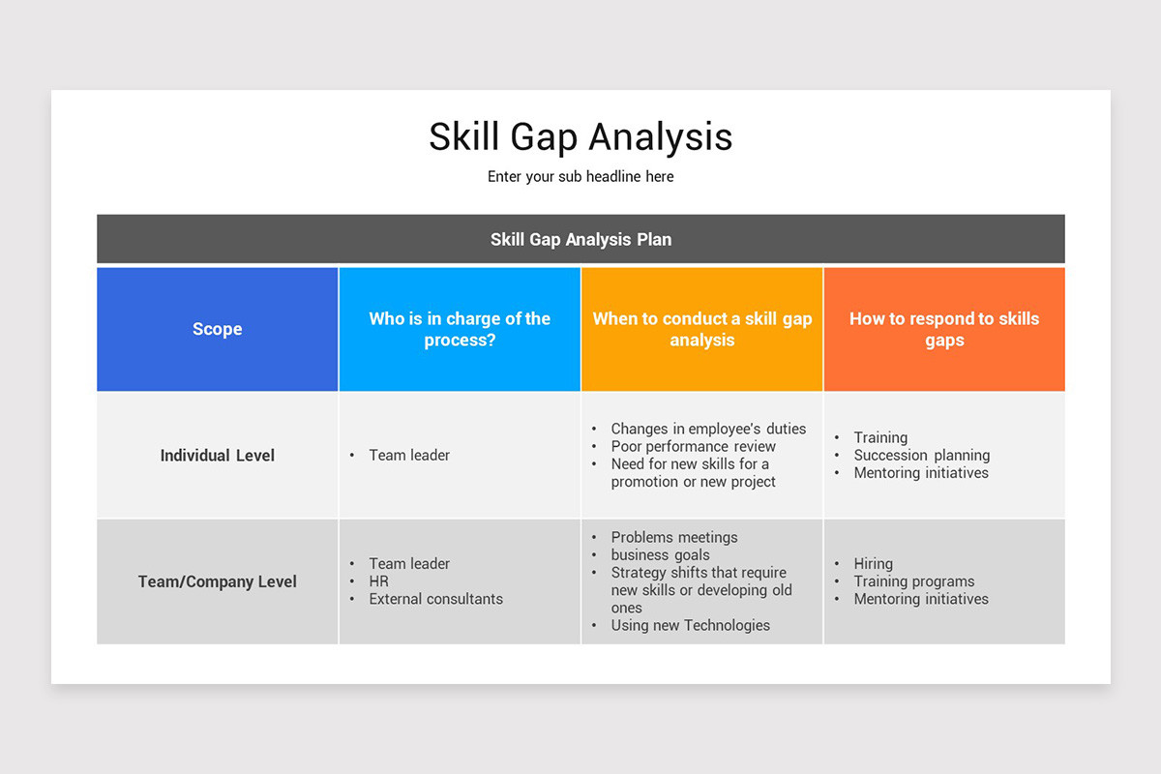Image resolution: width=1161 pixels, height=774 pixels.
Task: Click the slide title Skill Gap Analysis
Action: click(580, 136)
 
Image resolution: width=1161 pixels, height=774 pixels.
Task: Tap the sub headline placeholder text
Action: click(580, 176)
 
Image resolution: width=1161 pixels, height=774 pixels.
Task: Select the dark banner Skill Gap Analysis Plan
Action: click(580, 239)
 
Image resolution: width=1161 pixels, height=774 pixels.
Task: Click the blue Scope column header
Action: click(217, 329)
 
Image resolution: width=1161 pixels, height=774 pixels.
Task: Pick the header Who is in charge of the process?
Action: click(460, 329)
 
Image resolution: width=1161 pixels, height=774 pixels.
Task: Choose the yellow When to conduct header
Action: click(702, 329)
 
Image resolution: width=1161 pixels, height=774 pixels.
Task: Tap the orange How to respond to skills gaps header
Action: click(944, 329)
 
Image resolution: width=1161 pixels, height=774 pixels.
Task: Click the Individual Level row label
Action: click(217, 455)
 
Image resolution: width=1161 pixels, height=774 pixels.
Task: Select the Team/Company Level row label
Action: click(217, 581)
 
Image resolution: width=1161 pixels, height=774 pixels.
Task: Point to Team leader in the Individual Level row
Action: click(409, 455)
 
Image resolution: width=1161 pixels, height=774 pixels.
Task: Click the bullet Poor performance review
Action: click(693, 446)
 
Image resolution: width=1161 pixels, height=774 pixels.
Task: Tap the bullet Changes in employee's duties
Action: click(708, 429)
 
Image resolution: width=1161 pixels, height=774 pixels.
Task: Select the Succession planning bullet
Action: click(921, 455)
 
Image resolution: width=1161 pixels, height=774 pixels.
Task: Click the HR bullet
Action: click(378, 581)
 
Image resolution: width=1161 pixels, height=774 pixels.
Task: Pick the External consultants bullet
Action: click(435, 599)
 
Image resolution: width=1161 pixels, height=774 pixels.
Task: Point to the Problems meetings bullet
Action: click(673, 537)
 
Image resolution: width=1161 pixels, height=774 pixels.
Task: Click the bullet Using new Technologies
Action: click(690, 625)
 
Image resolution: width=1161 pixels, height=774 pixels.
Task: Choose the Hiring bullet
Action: click(873, 563)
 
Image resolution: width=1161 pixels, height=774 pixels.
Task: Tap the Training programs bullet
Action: click(913, 581)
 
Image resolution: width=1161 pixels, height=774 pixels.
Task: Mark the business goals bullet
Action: click(660, 554)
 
